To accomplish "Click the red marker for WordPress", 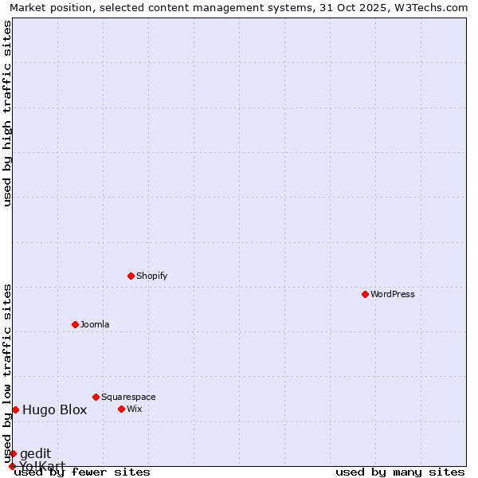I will (365, 294).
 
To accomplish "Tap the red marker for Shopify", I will (131, 276).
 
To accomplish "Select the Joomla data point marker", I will (75, 324).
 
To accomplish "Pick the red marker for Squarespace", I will (96, 397).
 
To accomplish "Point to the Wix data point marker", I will (121, 409).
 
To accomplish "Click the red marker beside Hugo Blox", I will (15, 409).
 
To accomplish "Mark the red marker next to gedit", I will (13, 453).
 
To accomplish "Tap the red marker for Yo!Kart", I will (12, 466).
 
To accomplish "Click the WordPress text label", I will (393, 294).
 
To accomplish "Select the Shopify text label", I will (152, 276).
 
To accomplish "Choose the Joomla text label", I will (95, 324).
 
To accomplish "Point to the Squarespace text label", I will (128, 397).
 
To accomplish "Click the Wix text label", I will (135, 409).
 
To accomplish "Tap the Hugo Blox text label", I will (54, 410).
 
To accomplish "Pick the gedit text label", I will (35, 453).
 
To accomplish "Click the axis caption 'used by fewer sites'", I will (83, 472).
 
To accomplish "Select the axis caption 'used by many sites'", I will (400, 472).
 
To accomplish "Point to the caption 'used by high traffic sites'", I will (7, 113).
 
